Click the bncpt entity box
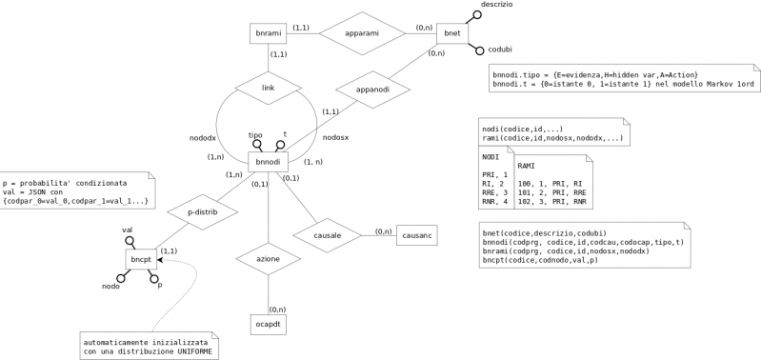[x=140, y=258]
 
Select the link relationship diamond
[x=270, y=88]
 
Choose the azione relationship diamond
[x=270, y=258]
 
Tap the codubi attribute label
[x=500, y=49]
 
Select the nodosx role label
[x=335, y=137]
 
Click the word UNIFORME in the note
[x=190, y=352]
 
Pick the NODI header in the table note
[x=491, y=156]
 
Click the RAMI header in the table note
[x=526, y=166]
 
